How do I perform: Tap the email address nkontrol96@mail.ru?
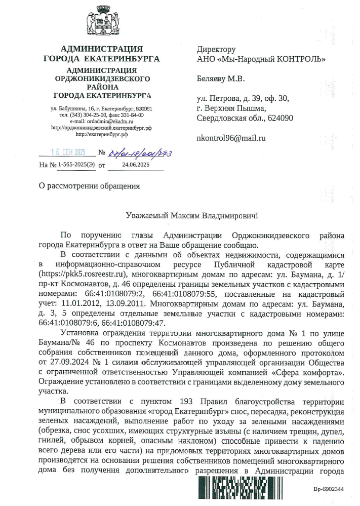pos(231,138)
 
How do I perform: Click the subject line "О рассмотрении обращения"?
pos(89,185)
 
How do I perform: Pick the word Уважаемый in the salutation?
pos(146,216)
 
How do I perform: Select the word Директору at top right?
pos(216,50)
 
